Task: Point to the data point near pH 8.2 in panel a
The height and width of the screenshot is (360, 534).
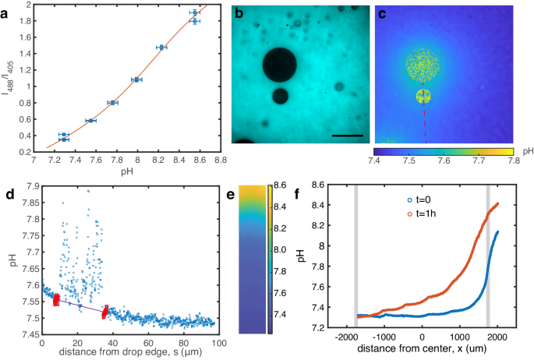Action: point(161,47)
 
